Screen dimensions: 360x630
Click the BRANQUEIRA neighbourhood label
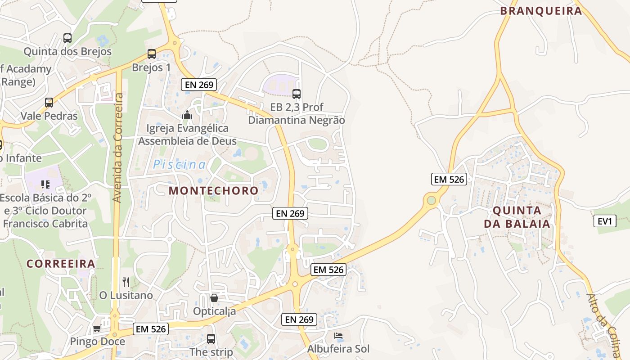pos(541,11)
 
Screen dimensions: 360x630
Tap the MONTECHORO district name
pos(214,190)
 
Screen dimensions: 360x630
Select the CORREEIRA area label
pos(61,264)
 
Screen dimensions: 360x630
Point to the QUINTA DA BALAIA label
pos(517,217)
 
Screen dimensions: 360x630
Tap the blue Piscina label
pos(180,165)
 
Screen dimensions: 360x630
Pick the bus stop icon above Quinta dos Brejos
pos(67,38)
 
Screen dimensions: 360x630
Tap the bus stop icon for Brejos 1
pos(152,54)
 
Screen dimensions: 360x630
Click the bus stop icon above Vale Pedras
pos(49,102)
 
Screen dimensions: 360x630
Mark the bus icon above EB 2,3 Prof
pos(297,94)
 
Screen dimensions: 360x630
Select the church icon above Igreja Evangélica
pos(187,115)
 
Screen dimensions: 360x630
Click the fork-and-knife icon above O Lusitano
pos(126,282)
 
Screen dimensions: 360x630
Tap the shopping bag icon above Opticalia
pos(214,297)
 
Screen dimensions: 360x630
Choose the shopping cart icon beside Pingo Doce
pos(97,328)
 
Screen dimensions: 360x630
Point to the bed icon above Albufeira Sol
pos(338,335)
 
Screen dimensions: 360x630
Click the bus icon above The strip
pos(211,339)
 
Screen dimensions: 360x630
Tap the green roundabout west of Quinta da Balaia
pos(432,199)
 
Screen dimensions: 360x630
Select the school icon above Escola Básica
pos(45,184)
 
